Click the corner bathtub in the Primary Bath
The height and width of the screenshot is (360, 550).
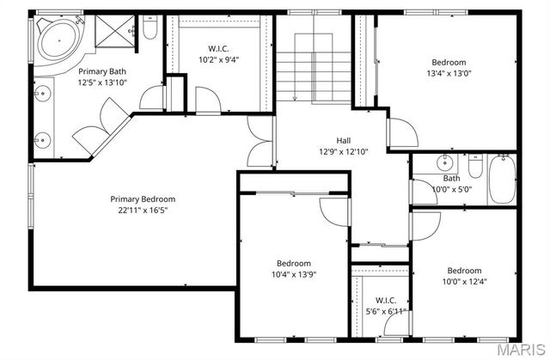pyautogui.click(x=56, y=39)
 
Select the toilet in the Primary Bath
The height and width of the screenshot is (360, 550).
pyautogui.click(x=150, y=30)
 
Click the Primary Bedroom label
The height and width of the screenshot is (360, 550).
pyautogui.click(x=143, y=198)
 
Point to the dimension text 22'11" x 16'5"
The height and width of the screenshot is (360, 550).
pyautogui.click(x=143, y=210)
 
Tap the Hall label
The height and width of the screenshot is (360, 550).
pyautogui.click(x=343, y=140)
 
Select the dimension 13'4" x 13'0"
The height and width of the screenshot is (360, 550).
pyautogui.click(x=449, y=73)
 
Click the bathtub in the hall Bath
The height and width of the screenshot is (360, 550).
pyautogui.click(x=502, y=180)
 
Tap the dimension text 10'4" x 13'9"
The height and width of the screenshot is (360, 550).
pyautogui.click(x=294, y=274)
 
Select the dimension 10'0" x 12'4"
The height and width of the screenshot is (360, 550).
pyautogui.click(x=463, y=281)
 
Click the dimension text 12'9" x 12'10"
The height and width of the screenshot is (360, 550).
pyautogui.click(x=343, y=151)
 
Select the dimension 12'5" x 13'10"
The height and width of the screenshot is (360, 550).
pyautogui.click(x=102, y=82)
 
